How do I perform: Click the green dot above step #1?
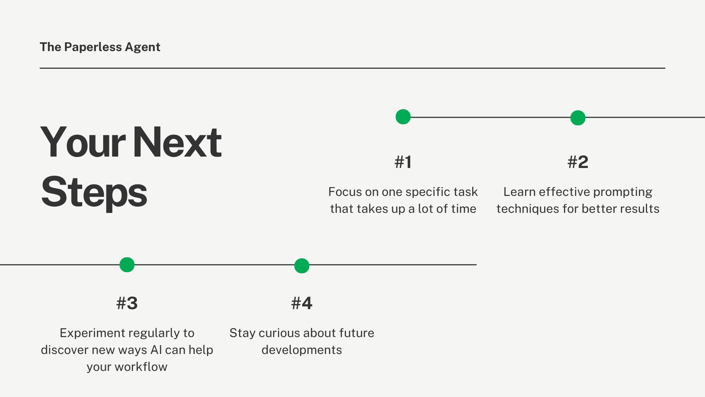[403, 117]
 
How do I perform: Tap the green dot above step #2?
[578, 118]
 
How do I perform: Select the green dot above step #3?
[127, 265]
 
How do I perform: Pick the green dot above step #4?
[302, 266]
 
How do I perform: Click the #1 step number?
[403, 162]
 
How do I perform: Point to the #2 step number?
[578, 162]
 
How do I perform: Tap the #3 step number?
[127, 303]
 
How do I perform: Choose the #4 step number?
[302, 303]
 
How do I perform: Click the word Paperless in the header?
[93, 47]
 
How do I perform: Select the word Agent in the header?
[142, 47]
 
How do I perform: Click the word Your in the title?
[83, 143]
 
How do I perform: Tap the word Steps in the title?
[94, 192]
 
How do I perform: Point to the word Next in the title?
[177, 143]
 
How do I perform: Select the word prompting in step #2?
[622, 192]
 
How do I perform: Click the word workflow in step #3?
[141, 367]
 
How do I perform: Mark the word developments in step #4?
[302, 350]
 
